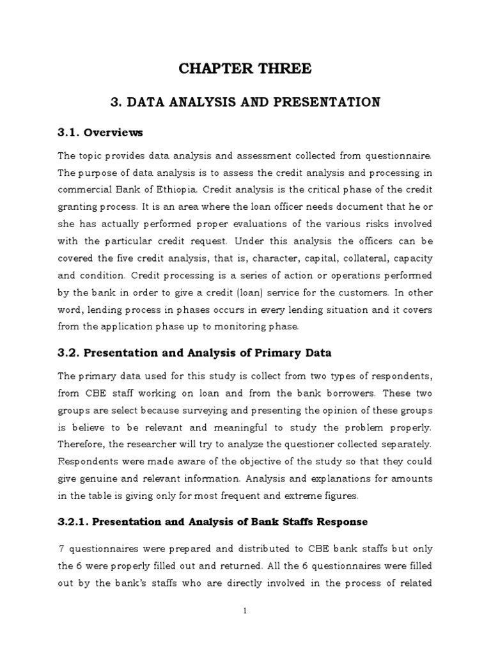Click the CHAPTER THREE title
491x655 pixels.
(245, 68)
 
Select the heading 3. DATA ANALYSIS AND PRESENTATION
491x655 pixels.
(245, 102)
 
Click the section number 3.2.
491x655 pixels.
(68, 352)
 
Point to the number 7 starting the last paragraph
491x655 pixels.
(61, 549)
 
